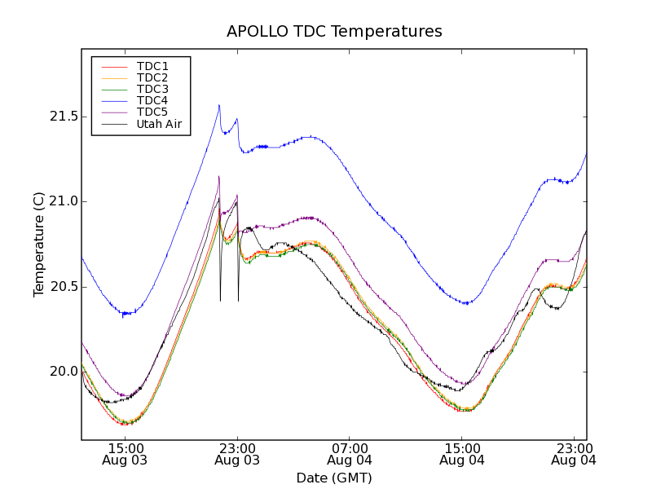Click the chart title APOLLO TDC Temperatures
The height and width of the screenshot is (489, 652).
tap(334, 32)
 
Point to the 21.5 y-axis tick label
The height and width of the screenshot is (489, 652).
tap(63, 117)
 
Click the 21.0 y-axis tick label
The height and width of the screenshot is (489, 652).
tap(63, 202)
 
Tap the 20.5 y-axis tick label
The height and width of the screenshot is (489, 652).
tap(63, 287)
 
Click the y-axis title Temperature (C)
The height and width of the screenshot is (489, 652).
tap(39, 244)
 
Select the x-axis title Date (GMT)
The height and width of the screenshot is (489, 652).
tap(334, 478)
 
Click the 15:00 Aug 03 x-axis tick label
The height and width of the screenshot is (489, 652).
tap(125, 454)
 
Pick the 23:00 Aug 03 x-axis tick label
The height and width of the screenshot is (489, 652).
tap(237, 454)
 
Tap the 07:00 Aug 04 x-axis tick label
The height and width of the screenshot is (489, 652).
tap(350, 454)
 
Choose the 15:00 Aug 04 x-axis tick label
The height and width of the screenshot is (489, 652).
tap(462, 454)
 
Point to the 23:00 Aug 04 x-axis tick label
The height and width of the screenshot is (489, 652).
tap(574, 454)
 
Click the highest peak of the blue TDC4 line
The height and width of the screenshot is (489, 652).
tap(219, 105)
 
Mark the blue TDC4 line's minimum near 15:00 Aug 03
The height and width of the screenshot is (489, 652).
tap(124, 314)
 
